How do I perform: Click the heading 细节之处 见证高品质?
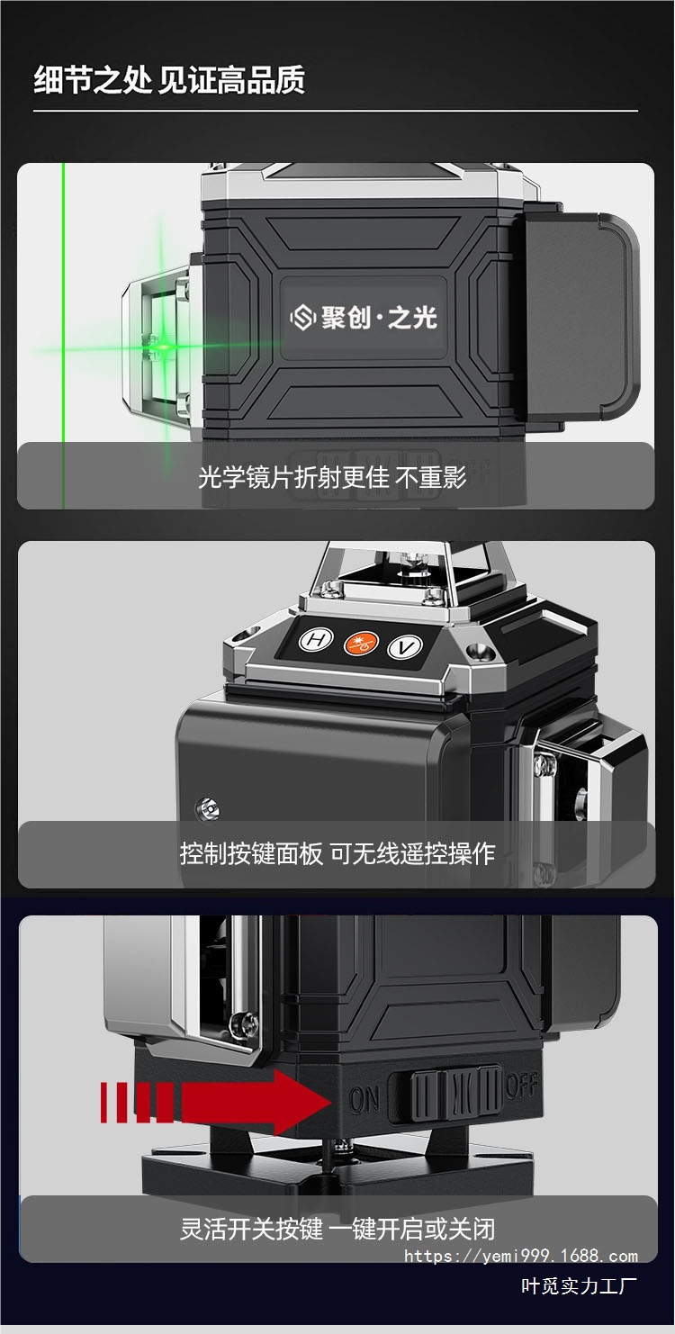click(169, 80)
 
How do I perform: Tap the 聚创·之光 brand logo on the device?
click(363, 316)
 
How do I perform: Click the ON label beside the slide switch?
click(364, 1099)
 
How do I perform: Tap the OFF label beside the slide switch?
click(522, 1086)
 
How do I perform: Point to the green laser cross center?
click(163, 346)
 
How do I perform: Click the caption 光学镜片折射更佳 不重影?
click(332, 477)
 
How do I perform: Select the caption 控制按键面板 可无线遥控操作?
click(337, 852)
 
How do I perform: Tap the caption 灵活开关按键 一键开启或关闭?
click(337, 1229)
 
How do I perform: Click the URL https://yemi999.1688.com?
click(521, 1256)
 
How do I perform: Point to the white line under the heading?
click(335, 111)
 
